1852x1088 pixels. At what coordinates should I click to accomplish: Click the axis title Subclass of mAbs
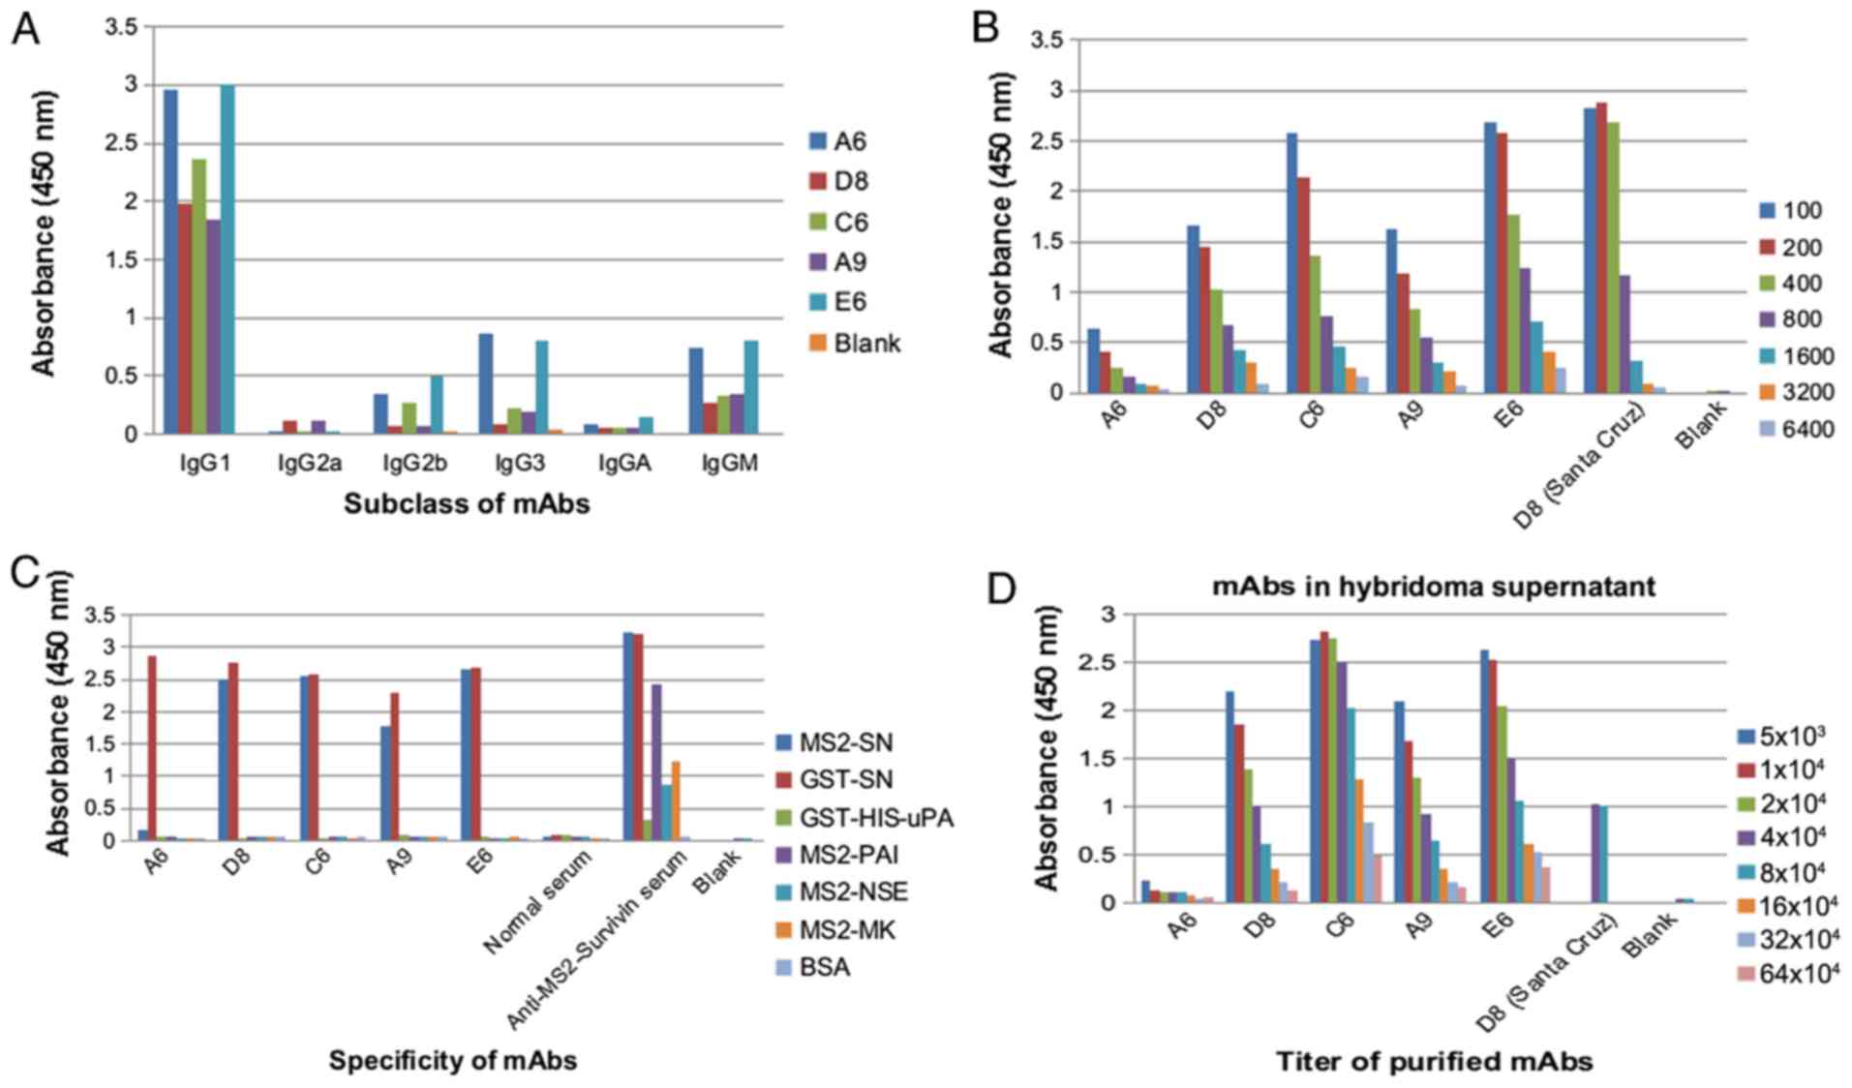[467, 504]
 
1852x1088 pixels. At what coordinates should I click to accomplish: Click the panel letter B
[986, 29]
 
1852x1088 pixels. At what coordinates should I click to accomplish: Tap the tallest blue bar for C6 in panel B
[1292, 262]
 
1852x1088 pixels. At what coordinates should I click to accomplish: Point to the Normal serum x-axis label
[538, 901]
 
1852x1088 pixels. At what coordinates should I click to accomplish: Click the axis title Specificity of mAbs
[452, 1061]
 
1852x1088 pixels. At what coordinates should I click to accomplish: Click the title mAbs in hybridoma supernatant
[1434, 587]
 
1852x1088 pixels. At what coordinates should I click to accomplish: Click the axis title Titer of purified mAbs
[1434, 1062]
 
